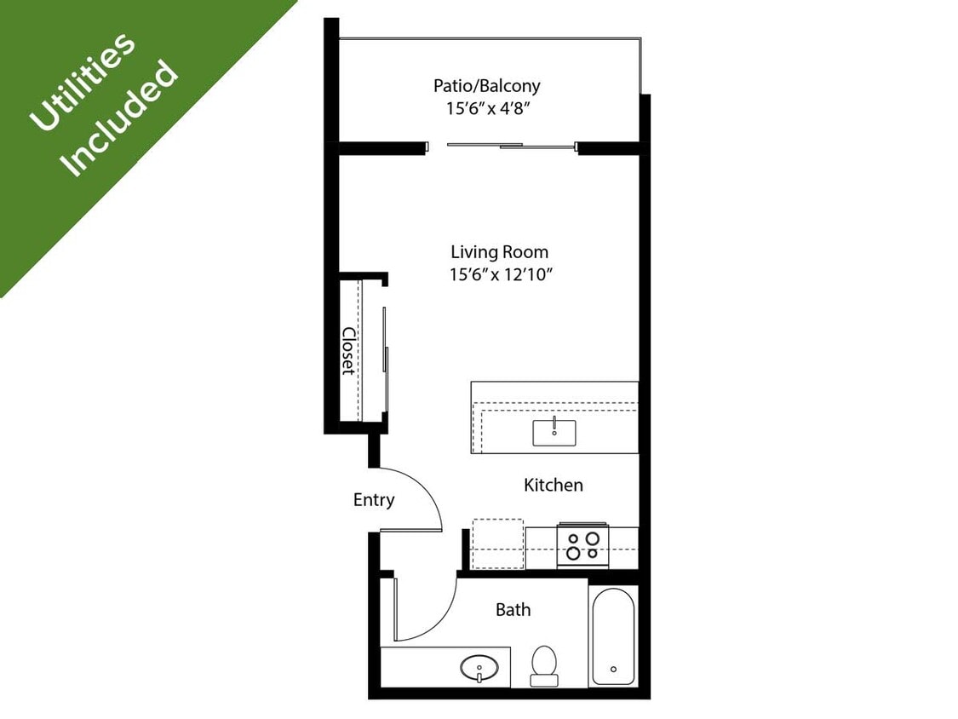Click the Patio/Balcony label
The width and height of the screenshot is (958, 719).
pyautogui.click(x=486, y=86)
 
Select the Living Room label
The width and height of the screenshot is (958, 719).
pyautogui.click(x=499, y=252)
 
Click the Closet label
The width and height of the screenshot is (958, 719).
pyautogui.click(x=348, y=350)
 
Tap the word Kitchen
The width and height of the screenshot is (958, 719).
pyautogui.click(x=553, y=485)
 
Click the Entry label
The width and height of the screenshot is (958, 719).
pyautogui.click(x=374, y=500)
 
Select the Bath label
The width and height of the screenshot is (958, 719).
pyautogui.click(x=513, y=610)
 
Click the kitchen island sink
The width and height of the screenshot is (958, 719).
pyautogui.click(x=554, y=432)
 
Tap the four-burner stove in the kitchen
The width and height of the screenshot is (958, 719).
pyautogui.click(x=582, y=546)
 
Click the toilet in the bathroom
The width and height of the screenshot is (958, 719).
pyautogui.click(x=543, y=664)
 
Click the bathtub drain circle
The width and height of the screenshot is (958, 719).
pyautogui.click(x=613, y=670)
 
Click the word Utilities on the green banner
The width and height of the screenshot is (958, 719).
pyautogui.click(x=82, y=82)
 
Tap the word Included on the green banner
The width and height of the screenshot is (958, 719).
pyautogui.click(x=121, y=118)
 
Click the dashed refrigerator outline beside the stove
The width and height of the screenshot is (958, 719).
pyautogui.click(x=497, y=544)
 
